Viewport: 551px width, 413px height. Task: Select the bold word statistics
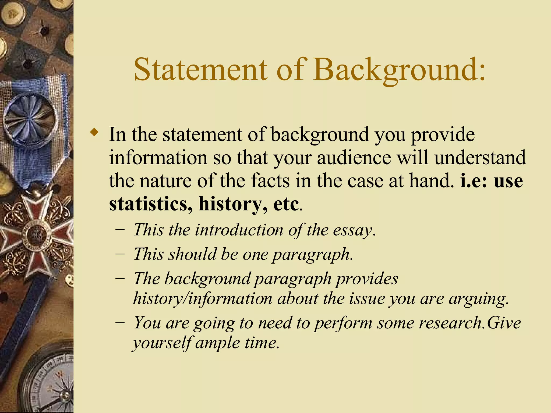150,204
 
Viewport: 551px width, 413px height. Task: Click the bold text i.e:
475,181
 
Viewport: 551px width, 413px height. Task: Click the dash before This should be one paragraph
119,254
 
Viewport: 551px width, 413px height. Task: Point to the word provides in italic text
367,279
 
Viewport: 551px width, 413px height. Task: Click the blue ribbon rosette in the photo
31,119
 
